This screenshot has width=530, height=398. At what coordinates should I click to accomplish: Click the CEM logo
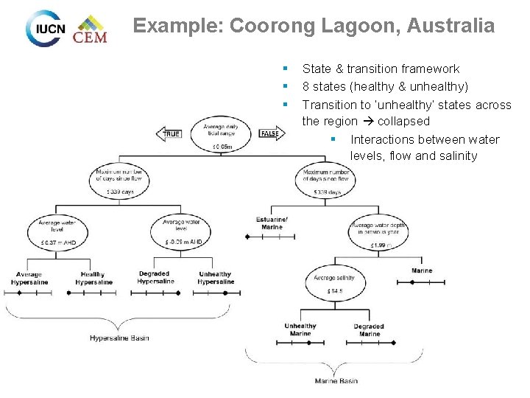point(90,29)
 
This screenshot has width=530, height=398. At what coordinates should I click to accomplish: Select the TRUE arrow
point(170,133)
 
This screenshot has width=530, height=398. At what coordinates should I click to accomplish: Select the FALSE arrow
point(270,133)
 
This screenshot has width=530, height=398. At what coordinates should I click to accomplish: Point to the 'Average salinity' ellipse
point(334,283)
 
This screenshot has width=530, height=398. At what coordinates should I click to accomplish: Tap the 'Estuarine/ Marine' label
point(272,223)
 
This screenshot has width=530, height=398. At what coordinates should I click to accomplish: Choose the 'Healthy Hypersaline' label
point(93,279)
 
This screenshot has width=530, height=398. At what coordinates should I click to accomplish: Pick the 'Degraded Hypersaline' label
point(155,278)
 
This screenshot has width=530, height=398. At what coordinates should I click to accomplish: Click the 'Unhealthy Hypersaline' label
point(215,278)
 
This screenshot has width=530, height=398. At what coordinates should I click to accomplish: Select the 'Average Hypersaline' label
point(27,279)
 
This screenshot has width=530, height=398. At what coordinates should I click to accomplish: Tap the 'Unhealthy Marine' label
point(300,329)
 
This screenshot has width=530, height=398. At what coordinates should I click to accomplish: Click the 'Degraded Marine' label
point(369,329)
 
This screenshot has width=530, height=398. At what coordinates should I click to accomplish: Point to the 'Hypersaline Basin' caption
point(119,338)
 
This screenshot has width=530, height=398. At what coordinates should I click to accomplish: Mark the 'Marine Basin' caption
point(336,381)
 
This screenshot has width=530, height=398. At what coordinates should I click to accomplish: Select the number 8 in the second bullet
point(305,86)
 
